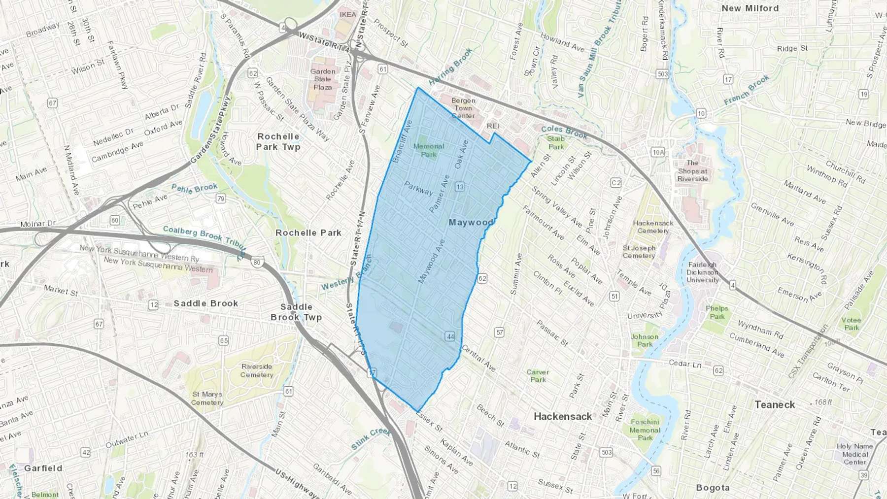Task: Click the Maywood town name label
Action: point(471,222)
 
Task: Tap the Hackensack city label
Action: point(563,416)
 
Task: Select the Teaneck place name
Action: point(775,404)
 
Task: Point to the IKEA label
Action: point(348,14)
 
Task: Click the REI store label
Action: point(493,126)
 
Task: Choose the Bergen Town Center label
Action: point(463,108)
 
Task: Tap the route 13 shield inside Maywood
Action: point(460,187)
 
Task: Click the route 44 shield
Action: point(450,336)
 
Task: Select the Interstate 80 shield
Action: point(257,262)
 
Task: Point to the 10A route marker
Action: point(658,152)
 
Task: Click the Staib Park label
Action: point(556,142)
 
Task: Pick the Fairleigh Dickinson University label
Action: point(703,272)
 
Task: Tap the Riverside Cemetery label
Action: point(257,370)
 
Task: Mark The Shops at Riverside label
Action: point(692,170)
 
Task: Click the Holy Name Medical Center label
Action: point(854,454)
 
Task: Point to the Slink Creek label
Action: point(371,438)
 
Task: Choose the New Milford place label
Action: point(750,8)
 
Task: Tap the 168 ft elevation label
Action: point(823,402)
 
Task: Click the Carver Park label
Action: point(538,375)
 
